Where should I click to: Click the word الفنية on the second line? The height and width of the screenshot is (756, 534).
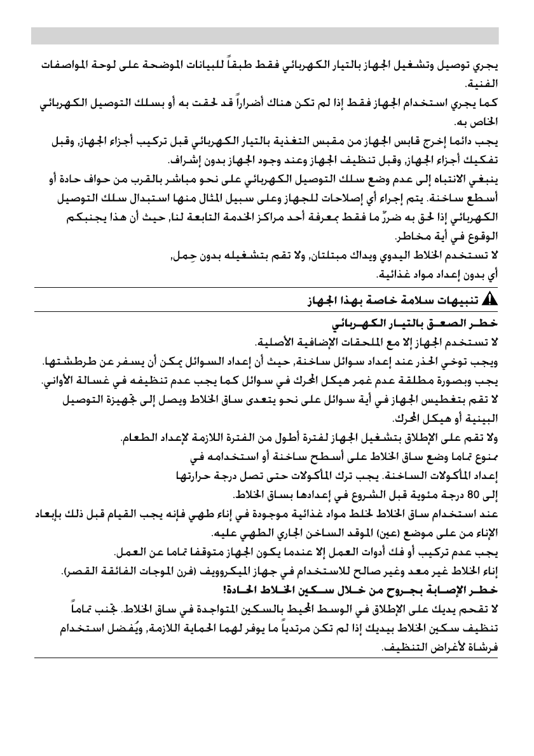pos(483,83)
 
